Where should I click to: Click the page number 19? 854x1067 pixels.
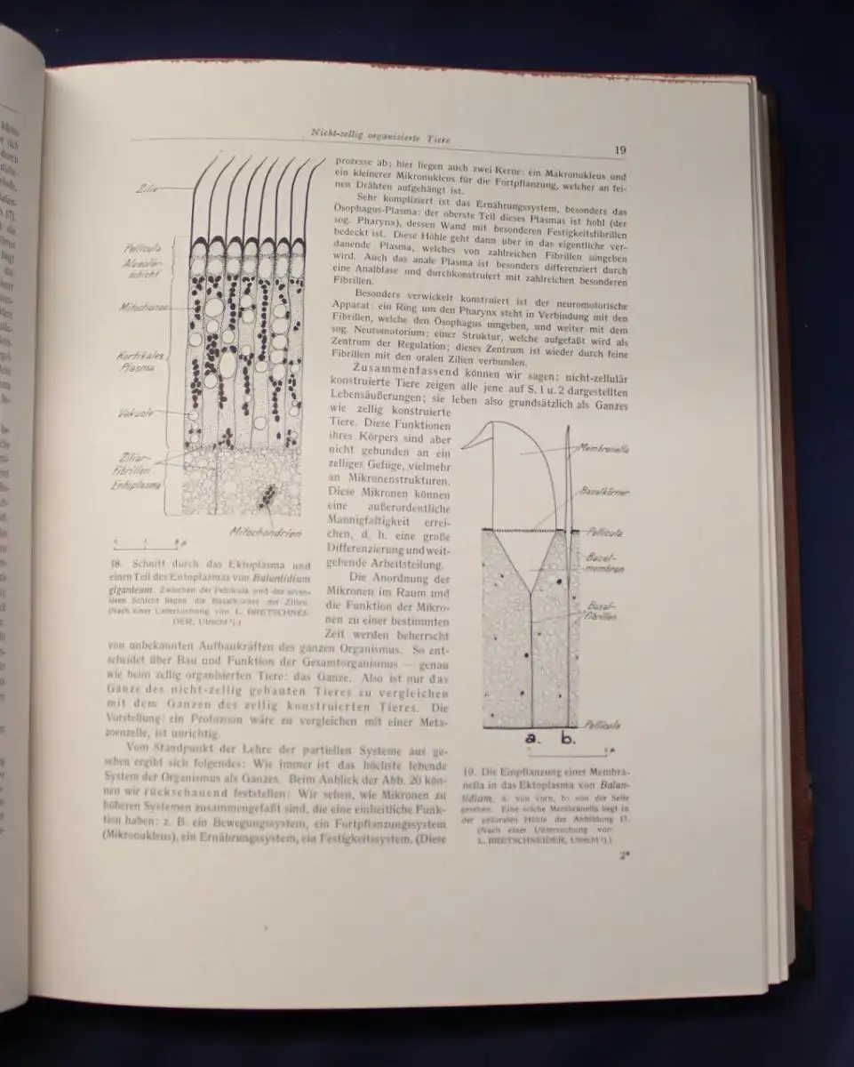[x=620, y=150]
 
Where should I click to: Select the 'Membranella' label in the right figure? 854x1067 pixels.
[x=603, y=450]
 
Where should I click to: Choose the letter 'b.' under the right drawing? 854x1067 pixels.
[x=568, y=737]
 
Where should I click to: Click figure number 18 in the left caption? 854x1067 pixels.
[x=116, y=564]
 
